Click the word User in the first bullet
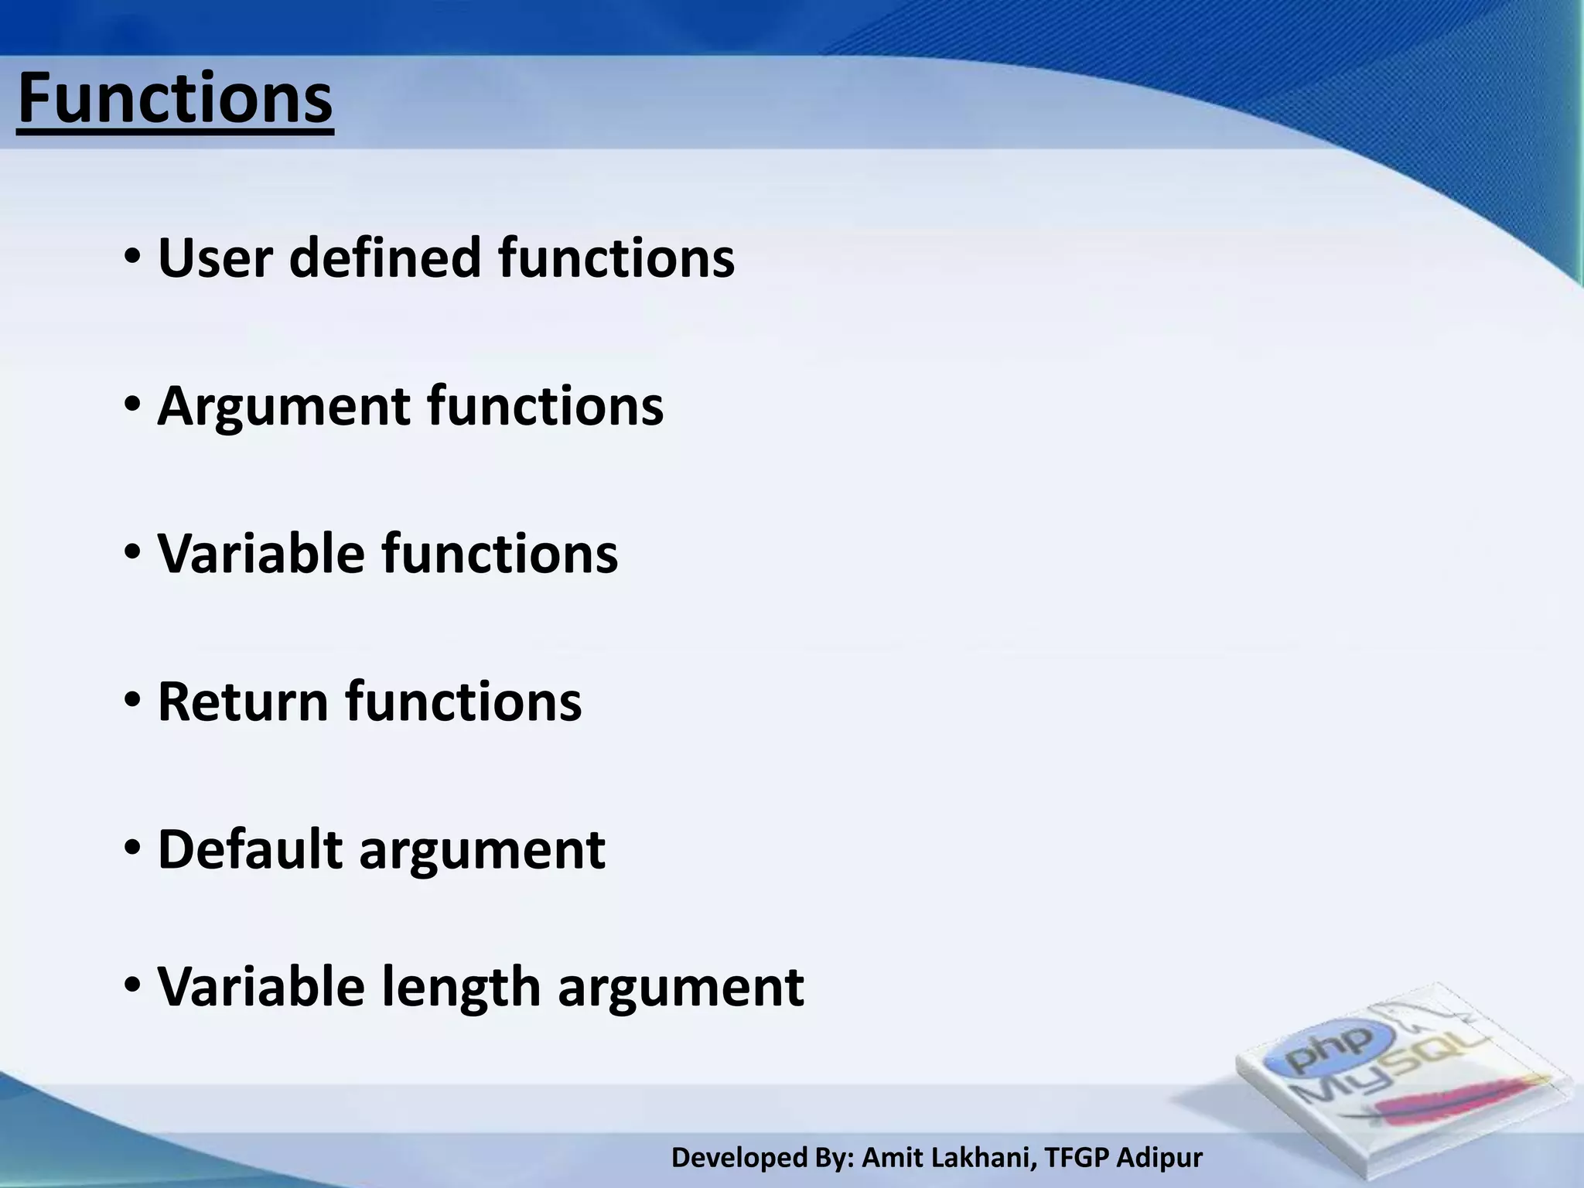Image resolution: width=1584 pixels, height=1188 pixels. (x=215, y=258)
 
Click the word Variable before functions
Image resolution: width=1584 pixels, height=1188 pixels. (x=261, y=554)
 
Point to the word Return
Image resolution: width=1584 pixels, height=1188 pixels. (x=243, y=702)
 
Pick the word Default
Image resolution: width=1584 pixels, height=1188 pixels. (x=250, y=849)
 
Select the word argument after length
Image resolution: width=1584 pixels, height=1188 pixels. (x=681, y=989)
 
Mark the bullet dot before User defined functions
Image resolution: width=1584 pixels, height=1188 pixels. (x=132, y=256)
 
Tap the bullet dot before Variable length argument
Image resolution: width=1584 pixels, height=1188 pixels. (x=132, y=986)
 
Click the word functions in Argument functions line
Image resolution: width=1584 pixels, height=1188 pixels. (x=544, y=406)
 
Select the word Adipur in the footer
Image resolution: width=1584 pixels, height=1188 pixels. (x=1159, y=1158)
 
